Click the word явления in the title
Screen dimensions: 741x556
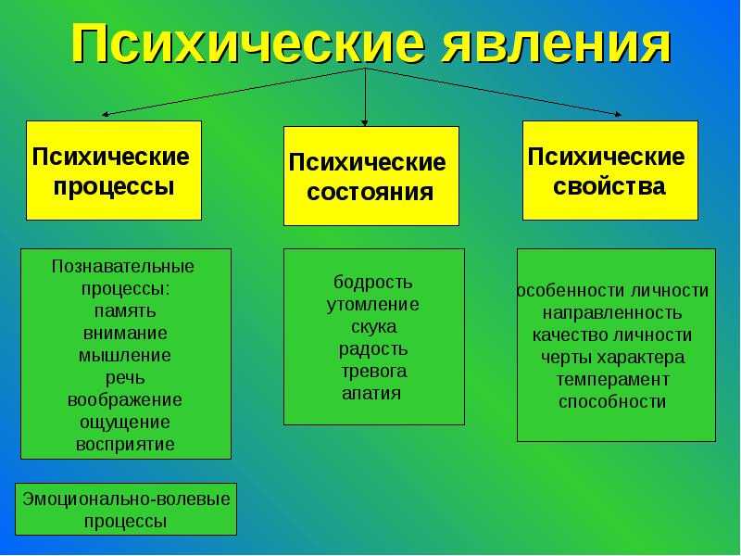click(556, 44)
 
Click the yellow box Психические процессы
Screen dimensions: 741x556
click(114, 171)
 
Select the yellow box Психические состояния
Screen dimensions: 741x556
click(371, 176)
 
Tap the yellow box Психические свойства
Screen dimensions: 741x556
click(610, 171)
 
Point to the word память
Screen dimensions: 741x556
click(125, 311)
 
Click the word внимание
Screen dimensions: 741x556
click(125, 333)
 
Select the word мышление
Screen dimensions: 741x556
click(125, 355)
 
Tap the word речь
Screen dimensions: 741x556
click(125, 378)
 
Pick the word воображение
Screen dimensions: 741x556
click(125, 400)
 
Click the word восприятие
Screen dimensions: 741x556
click(125, 445)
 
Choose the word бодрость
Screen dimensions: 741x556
click(373, 283)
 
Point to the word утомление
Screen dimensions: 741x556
click(373, 305)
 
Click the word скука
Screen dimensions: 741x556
click(374, 327)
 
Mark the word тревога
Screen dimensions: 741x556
click(374, 372)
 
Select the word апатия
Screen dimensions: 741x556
click(371, 393)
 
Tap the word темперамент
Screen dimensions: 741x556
click(612, 380)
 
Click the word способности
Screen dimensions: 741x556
click(612, 402)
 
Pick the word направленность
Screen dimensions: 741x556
click(612, 313)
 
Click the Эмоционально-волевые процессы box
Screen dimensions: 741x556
click(126, 509)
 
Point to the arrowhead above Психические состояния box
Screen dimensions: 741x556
click(364, 123)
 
